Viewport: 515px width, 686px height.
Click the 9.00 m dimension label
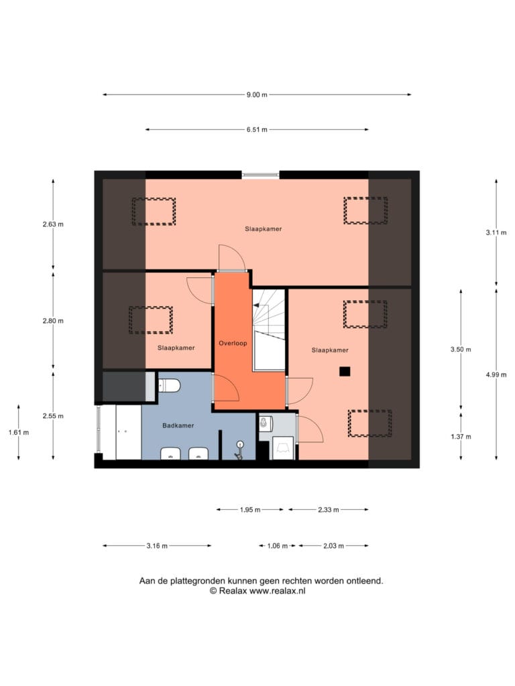pos(257,94)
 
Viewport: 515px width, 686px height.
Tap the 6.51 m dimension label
pos(257,129)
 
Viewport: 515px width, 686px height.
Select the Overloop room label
pos(233,344)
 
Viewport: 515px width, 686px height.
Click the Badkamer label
pos(178,425)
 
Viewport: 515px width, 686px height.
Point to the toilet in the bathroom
pos(169,386)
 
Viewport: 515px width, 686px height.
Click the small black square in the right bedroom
pos(345,371)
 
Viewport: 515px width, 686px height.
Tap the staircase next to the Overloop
pos(269,330)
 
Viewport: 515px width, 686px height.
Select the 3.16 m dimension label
pos(157,546)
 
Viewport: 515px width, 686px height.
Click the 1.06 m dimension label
pos(278,546)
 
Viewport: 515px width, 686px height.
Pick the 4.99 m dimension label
pos(496,374)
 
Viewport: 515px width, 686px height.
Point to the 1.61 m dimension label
pos(19,433)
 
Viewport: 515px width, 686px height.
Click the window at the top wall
pos(261,175)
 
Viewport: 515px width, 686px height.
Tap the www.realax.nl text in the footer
pos(277,591)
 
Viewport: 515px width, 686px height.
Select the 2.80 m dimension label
pos(53,321)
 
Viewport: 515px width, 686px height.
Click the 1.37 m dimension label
pos(461,437)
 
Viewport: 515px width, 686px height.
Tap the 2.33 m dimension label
pos(329,510)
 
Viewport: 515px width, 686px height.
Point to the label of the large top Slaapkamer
pos(263,229)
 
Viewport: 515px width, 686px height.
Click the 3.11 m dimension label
pos(496,232)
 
